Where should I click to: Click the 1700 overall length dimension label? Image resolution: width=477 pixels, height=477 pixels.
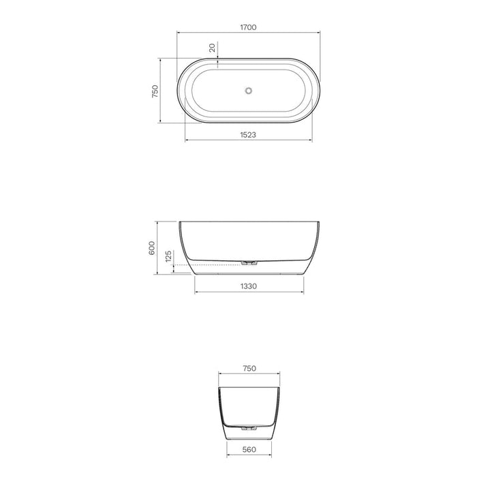pyautogui.click(x=248, y=27)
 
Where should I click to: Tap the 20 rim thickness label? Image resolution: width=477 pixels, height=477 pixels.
pyautogui.click(x=212, y=48)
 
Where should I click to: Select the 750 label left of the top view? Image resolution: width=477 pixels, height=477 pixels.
pyautogui.click(x=155, y=91)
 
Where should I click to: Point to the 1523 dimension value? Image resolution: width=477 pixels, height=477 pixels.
pyautogui.click(x=248, y=135)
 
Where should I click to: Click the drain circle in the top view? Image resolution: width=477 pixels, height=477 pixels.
pyautogui.click(x=249, y=90)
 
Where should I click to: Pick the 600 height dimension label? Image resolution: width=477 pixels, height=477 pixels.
pyautogui.click(x=151, y=249)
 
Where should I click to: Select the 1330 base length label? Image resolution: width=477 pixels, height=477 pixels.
pyautogui.click(x=249, y=286)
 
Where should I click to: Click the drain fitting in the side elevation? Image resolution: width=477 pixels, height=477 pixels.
pyautogui.click(x=249, y=262)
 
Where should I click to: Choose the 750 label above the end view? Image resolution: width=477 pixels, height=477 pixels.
pyautogui.click(x=249, y=368)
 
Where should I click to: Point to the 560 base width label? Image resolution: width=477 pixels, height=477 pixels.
pyautogui.click(x=249, y=450)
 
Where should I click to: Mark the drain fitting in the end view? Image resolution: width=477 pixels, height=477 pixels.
pyautogui.click(x=249, y=428)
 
